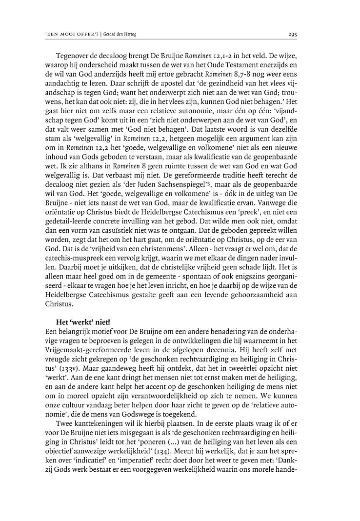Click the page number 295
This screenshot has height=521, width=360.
pyautogui.click(x=293, y=35)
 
